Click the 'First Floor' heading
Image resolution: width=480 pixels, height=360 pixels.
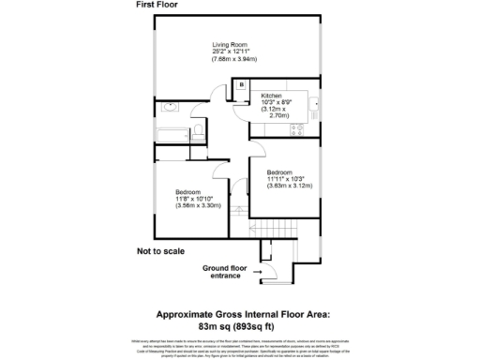tap(158, 6)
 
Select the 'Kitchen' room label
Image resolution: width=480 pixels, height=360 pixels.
tap(272, 96)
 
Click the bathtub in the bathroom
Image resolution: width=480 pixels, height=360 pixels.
tap(173, 132)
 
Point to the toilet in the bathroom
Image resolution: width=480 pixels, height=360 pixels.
tap(199, 129)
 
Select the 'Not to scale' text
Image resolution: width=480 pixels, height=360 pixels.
tap(161, 251)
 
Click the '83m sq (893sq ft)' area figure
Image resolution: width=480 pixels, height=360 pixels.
tap(240, 327)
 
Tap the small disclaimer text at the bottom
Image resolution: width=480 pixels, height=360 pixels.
tap(240, 348)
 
